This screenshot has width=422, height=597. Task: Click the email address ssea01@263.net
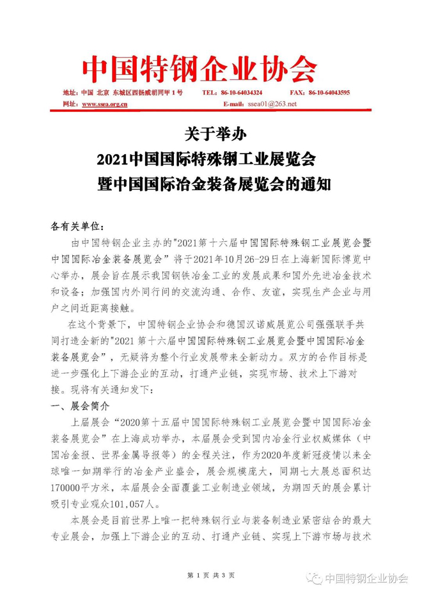point(272,103)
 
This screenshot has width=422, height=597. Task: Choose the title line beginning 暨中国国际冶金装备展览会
point(210,184)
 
